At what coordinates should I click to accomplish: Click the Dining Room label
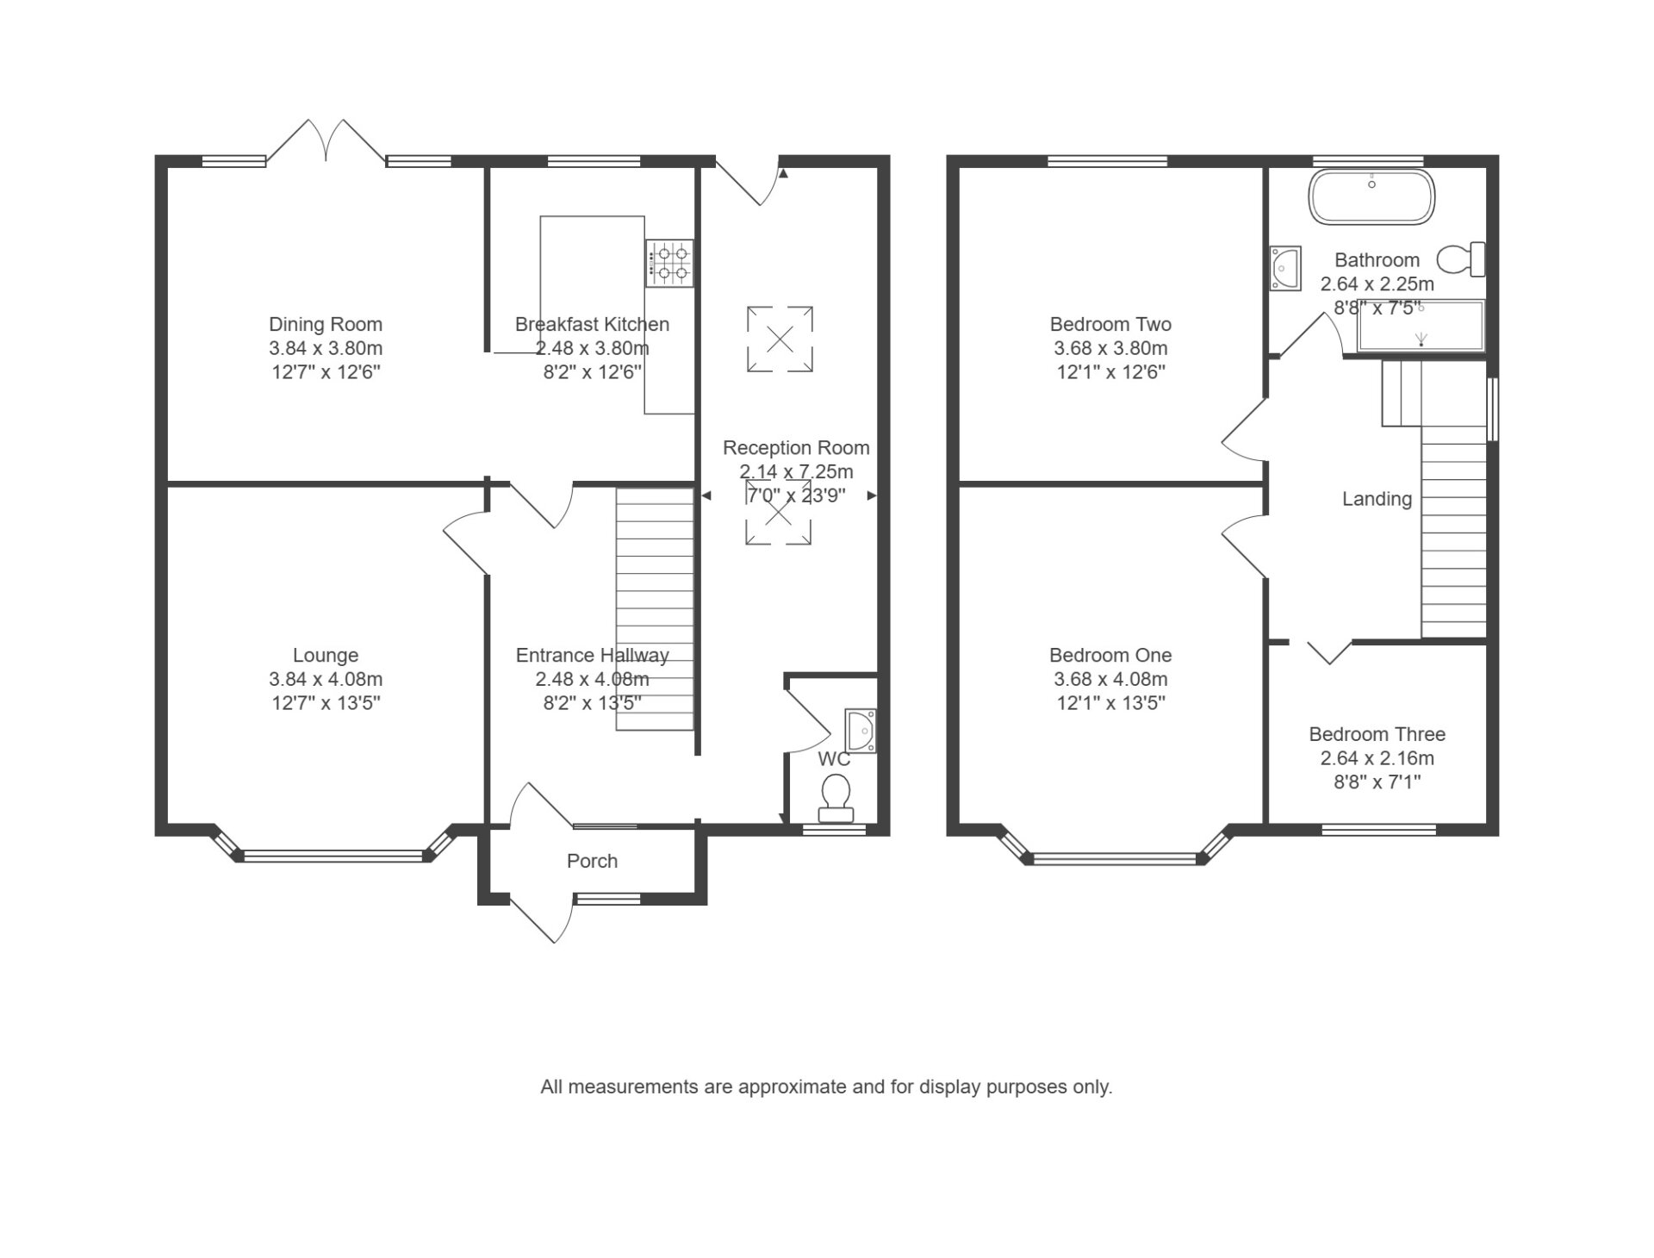[326, 325]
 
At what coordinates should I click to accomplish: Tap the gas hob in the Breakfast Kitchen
[670, 264]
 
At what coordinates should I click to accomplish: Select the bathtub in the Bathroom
[1371, 197]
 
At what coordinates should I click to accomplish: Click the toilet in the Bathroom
[1461, 258]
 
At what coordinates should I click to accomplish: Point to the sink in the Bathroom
[1284, 268]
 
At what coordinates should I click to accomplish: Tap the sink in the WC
[861, 731]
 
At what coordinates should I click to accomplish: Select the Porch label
[593, 861]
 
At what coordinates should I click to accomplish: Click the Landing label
[1377, 499]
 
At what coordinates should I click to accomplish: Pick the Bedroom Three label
[1377, 734]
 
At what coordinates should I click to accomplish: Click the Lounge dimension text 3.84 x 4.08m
[326, 679]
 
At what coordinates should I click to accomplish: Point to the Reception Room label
[796, 448]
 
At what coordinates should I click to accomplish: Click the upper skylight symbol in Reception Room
[780, 339]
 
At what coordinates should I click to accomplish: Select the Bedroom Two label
[1110, 325]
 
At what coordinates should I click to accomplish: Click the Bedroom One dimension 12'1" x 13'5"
[1110, 703]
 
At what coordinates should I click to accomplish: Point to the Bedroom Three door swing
[1330, 652]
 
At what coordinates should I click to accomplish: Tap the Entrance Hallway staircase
[655, 610]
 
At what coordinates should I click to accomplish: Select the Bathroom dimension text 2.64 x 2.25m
[1377, 283]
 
